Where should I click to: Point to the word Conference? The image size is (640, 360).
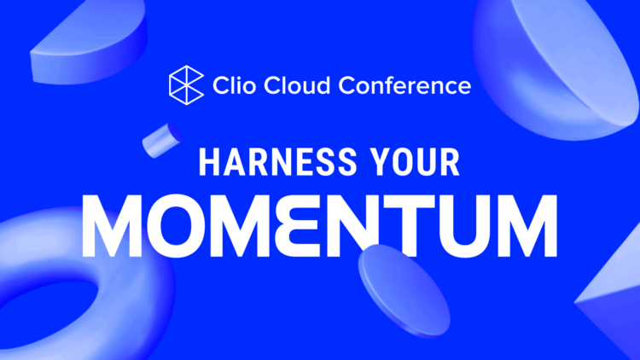point(404,85)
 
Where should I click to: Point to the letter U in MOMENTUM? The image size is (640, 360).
point(466,224)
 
